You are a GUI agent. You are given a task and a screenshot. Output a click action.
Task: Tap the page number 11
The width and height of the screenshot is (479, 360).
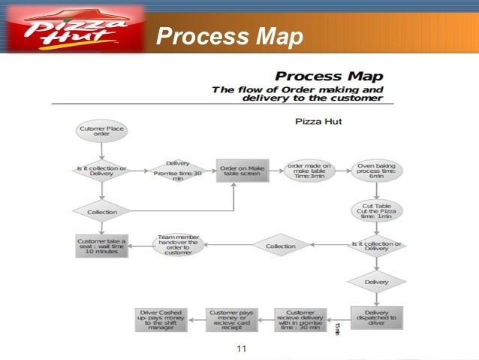[241, 348]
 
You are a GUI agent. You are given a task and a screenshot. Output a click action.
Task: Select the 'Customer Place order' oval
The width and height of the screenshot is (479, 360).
[101, 132]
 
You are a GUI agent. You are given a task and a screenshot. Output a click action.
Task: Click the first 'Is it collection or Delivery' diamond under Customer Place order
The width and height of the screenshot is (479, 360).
[101, 171]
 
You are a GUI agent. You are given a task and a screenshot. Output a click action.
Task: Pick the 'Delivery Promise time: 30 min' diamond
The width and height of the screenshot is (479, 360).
[177, 171]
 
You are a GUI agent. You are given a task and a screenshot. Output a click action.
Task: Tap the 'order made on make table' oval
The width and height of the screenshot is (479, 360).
[309, 171]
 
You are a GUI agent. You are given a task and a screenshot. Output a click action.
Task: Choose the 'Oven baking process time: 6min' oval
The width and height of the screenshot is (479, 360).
[376, 171]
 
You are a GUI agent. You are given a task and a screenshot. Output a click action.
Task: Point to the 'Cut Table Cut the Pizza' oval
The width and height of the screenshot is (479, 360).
[376, 211]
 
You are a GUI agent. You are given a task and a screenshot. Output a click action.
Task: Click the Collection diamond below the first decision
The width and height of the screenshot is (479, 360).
[101, 212]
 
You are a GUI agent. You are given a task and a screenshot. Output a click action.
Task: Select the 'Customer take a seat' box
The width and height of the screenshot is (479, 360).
[101, 246]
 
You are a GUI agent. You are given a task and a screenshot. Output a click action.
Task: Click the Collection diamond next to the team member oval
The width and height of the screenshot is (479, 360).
[280, 246]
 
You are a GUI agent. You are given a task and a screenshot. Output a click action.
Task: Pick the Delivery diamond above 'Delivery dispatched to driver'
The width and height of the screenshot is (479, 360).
[376, 282]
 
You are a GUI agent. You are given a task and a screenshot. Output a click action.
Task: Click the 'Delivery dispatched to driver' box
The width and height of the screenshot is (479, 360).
[376, 317]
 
